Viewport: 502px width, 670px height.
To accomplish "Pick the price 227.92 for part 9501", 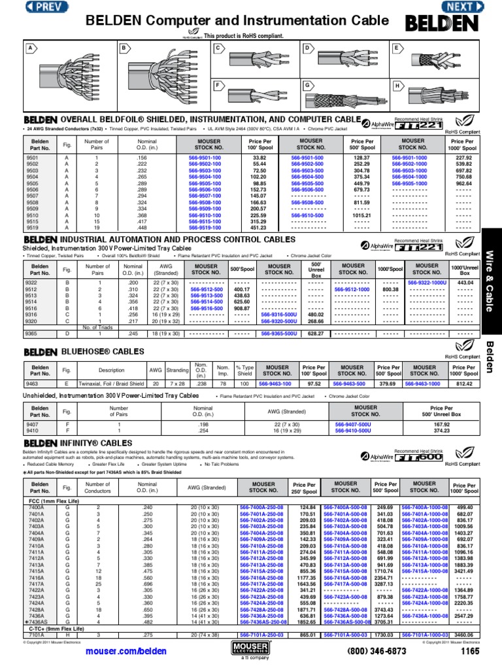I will pyautogui.click(x=463, y=158).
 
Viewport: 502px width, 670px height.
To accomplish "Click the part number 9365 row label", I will pyautogui.click(x=32, y=334).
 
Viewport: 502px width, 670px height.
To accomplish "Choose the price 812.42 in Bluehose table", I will pyautogui.click(x=463, y=384).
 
